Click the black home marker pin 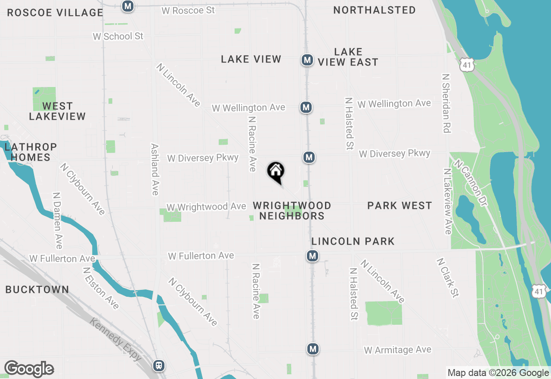tap(276, 172)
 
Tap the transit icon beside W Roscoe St tap(128, 6)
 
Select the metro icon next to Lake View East tap(307, 60)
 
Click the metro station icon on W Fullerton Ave tap(313, 256)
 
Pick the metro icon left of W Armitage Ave tap(313, 349)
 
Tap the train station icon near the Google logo tap(159, 366)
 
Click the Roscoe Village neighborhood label tap(55, 12)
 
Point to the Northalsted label tap(375, 10)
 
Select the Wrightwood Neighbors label tap(292, 211)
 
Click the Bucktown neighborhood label tap(37, 289)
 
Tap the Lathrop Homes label tap(31, 152)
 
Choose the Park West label tap(399, 205)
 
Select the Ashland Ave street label tap(155, 169)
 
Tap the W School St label tap(118, 36)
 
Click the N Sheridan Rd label tap(446, 103)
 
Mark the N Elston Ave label tap(101, 288)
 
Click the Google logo tap(29, 369)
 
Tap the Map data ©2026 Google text tap(498, 373)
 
